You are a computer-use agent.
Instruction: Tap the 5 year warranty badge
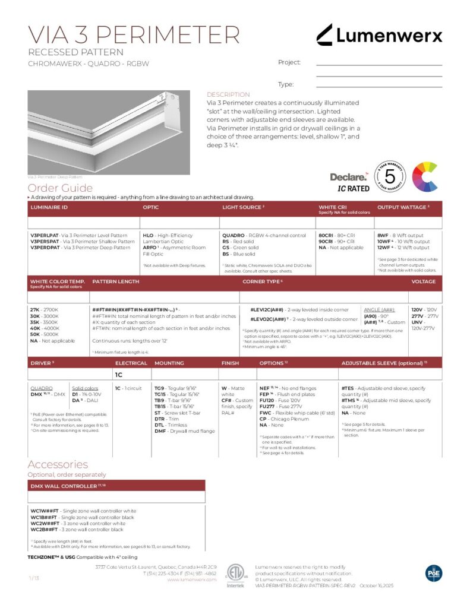pos(390,176)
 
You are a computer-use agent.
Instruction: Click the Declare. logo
pos(348,177)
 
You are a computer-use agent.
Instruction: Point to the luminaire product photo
pos(109,132)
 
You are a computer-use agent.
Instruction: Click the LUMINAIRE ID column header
pos(49,207)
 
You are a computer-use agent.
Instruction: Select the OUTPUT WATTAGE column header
pos(402,207)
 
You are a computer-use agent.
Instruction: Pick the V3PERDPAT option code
pos(44,248)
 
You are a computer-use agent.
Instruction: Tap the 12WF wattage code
pos(384,248)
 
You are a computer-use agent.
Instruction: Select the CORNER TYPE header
pos(261,281)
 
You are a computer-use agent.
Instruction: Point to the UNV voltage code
pos(417,322)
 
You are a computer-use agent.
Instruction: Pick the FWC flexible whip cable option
pos(266,412)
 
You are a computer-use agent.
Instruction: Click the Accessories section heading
pos(58,464)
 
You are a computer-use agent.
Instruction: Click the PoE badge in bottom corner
pos(434,572)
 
